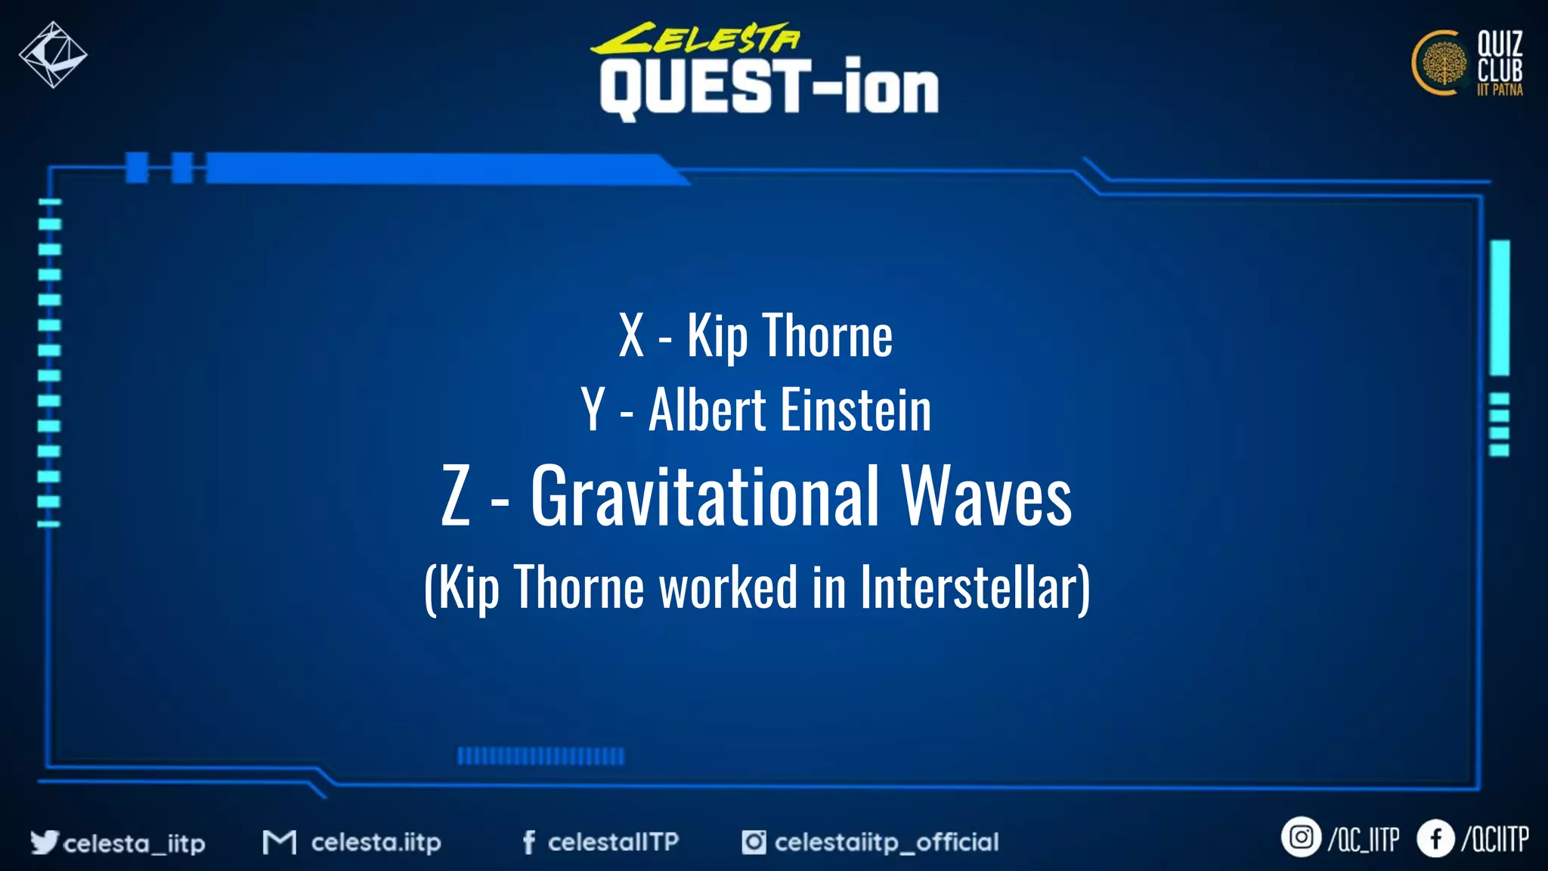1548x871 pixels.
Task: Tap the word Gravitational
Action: click(x=705, y=496)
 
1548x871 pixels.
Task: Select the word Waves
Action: click(x=986, y=496)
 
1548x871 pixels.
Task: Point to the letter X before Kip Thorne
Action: click(x=631, y=336)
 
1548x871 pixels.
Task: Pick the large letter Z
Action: click(x=456, y=496)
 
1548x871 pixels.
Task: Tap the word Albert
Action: click(x=707, y=411)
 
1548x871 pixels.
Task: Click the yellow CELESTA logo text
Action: click(x=695, y=39)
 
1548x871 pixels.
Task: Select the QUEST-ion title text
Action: click(x=769, y=88)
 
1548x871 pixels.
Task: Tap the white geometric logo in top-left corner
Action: click(x=53, y=54)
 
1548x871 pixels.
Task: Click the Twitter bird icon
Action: click(x=44, y=842)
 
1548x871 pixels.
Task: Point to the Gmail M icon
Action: click(x=279, y=842)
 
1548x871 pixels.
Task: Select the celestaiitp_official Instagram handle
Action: click(x=886, y=842)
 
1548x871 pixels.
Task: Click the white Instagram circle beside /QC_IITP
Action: click(x=1300, y=838)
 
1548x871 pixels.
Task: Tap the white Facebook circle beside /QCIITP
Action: click(x=1435, y=838)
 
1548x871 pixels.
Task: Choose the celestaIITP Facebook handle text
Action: click(x=613, y=842)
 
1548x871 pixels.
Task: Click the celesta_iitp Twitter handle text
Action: click(x=134, y=843)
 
